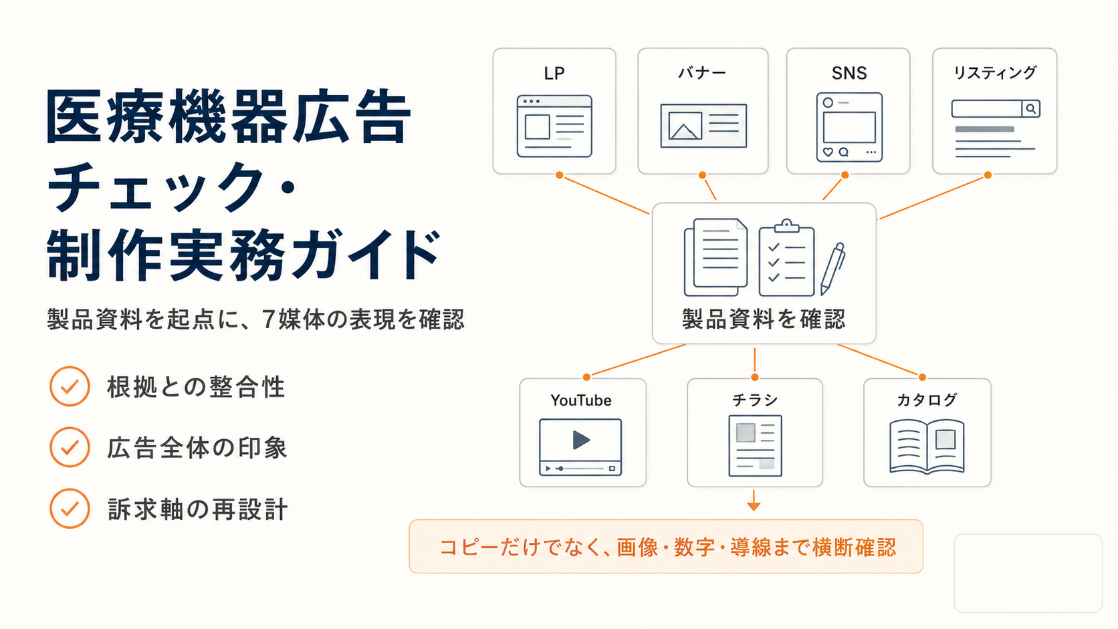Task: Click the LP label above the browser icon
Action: [554, 74]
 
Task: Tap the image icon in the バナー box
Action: [685, 125]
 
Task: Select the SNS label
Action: [849, 74]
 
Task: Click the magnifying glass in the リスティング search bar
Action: [1030, 108]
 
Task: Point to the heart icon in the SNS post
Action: [828, 152]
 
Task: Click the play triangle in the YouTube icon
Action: [581, 440]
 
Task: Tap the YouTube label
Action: [581, 400]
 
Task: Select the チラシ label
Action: [755, 400]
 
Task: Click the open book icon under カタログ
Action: [927, 446]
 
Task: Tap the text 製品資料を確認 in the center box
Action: [764, 319]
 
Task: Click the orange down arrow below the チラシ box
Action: [754, 500]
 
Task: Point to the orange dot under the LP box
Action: [560, 175]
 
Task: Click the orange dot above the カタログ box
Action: [922, 377]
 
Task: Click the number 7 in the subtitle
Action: [268, 320]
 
